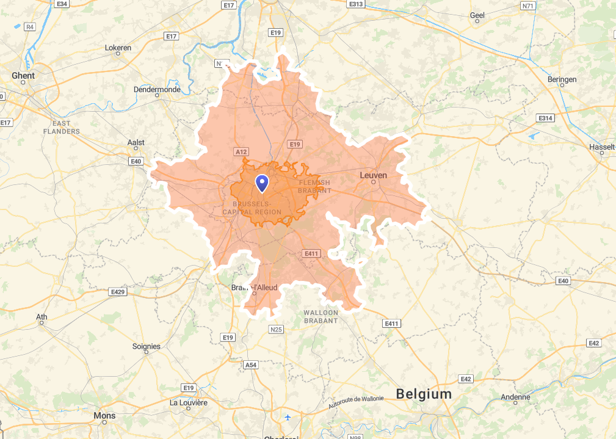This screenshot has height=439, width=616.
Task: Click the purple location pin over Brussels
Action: (262, 183)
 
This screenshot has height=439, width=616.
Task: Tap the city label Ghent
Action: (23, 76)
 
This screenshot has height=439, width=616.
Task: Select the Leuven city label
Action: (373, 175)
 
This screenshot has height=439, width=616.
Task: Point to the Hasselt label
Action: (602, 147)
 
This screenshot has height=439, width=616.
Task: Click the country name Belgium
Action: (424, 394)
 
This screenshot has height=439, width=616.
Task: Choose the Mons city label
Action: (104, 416)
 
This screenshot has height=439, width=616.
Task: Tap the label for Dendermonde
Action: (157, 89)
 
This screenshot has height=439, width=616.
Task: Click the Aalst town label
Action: (136, 142)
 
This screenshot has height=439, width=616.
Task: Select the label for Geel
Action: (477, 15)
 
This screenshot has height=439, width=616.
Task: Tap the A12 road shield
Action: (241, 151)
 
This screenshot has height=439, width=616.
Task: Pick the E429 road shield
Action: (118, 292)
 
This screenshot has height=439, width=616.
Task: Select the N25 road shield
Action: (276, 330)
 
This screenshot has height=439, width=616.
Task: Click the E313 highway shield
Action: (355, 4)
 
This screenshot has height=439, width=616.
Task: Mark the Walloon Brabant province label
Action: (321, 316)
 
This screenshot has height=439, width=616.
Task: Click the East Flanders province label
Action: (61, 127)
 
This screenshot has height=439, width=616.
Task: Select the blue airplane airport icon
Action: (288, 418)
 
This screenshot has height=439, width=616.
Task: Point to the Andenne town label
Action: (515, 397)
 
